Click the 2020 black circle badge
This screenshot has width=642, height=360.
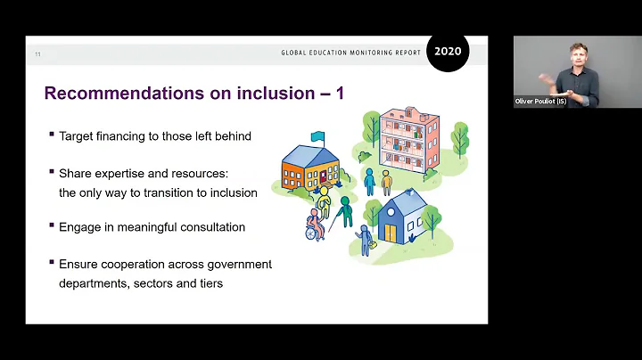click(x=448, y=51)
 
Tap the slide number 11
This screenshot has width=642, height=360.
click(x=37, y=54)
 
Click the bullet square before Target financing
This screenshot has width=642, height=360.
click(x=52, y=135)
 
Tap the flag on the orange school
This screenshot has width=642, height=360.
click(x=317, y=136)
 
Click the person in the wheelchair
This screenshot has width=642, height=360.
click(x=315, y=225)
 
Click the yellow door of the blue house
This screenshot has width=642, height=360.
click(x=390, y=233)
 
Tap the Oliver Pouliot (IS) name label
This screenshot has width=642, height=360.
click(x=540, y=102)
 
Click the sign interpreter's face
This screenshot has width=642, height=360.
click(x=579, y=54)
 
